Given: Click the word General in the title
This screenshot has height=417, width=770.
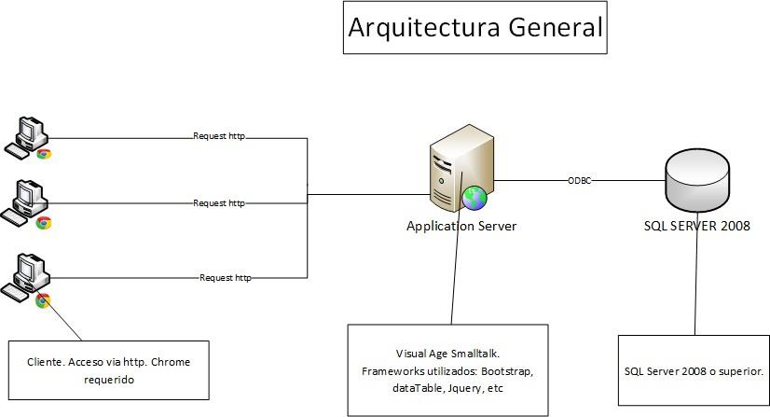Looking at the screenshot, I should pos(556,27).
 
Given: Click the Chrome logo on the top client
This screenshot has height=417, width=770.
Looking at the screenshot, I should pos(44,154).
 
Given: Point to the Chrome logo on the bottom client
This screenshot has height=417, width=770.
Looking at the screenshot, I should pos(43,300).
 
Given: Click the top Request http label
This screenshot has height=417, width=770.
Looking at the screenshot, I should pos(218,136).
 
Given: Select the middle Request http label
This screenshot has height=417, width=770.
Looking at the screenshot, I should pos(218,202).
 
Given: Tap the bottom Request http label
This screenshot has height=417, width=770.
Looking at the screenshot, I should pos(226,277).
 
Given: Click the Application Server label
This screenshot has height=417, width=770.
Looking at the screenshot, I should pos(461,226).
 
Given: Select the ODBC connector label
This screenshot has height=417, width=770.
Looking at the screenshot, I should pos(579,179).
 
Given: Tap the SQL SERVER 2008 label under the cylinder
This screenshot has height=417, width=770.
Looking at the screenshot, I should pos(696,226).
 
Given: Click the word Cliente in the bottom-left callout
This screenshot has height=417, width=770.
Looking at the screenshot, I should pos(48,361).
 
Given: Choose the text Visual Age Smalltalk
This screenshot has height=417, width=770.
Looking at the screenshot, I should pos(448,354).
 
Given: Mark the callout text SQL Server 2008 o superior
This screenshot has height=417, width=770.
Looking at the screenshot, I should pos(694,371).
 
